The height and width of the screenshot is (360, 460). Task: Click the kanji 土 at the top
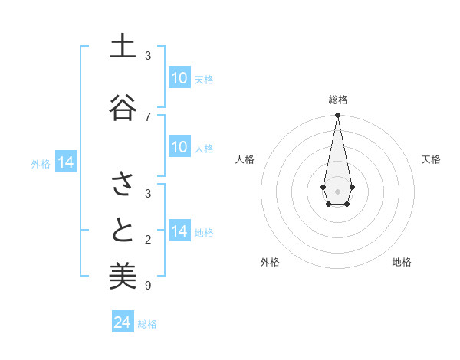coord(123,47)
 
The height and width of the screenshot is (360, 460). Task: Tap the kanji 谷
coord(123,107)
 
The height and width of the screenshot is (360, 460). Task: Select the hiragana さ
coord(123,184)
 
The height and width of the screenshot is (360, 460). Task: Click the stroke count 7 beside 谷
coord(148,117)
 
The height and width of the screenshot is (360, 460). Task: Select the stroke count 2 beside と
coord(148,241)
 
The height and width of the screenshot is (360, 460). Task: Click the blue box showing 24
coord(123,322)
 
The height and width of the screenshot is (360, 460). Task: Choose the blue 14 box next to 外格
coord(66,163)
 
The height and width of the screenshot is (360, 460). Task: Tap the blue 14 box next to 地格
coord(179,232)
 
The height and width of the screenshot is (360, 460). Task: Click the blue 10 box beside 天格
coord(179,78)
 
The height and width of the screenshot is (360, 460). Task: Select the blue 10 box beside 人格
coord(179,148)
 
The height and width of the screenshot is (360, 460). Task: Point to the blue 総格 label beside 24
coord(147,324)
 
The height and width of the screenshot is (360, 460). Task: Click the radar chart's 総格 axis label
coord(337,100)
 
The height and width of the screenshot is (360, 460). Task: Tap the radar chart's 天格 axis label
coord(431,159)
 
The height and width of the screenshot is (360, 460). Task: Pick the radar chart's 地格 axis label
coord(402,262)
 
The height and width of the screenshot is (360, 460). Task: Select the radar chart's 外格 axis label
coord(270,262)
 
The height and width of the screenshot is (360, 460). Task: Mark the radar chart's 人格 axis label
coord(245,159)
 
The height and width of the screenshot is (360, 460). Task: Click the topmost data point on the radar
coord(337,115)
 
